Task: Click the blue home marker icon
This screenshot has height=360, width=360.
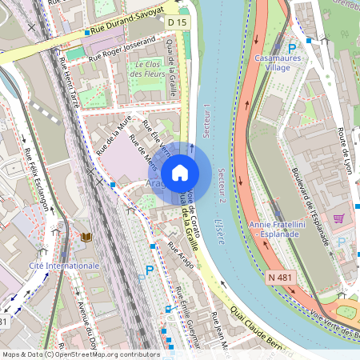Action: [179, 172]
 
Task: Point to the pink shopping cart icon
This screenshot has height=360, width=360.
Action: [338, 218]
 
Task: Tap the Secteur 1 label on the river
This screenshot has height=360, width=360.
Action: [207, 122]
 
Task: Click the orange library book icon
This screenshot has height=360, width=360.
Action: [86, 237]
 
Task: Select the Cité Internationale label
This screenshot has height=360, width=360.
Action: [64, 265]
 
